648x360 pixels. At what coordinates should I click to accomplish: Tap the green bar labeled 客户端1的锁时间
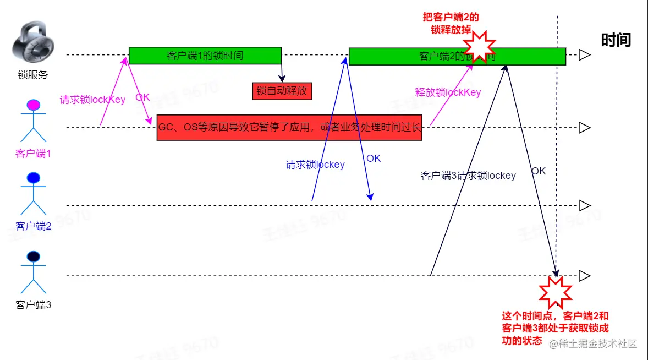[205, 56]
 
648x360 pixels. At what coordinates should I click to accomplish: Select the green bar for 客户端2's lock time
[418, 56]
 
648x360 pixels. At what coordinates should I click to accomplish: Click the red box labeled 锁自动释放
[282, 91]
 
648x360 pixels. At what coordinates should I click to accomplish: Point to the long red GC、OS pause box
[289, 128]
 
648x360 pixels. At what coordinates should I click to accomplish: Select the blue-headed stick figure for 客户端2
[33, 195]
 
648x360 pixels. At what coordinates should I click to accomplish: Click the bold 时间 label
[616, 40]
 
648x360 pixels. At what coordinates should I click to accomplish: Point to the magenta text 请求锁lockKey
[92, 100]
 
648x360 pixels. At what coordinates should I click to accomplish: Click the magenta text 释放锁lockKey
[448, 92]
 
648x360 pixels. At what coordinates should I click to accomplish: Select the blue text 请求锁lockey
[315, 165]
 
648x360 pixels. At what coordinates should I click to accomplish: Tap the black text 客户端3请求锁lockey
[468, 176]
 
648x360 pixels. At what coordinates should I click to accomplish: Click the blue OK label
[374, 159]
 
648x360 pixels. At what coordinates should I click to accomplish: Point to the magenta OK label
[142, 97]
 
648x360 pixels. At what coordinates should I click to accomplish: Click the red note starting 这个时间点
[556, 328]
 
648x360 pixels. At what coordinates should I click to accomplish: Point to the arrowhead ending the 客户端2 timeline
[585, 206]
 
